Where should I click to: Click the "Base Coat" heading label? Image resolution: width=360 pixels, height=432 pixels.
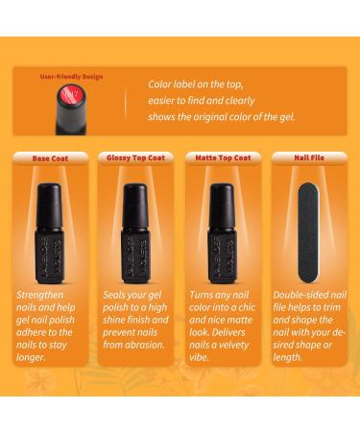50,158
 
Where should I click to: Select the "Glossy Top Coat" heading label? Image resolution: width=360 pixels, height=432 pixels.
135,157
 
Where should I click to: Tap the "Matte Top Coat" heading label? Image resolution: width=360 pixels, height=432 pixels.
223,157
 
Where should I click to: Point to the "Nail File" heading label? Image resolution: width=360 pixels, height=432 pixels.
309,157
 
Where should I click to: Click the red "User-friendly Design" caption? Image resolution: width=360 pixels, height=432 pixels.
71,77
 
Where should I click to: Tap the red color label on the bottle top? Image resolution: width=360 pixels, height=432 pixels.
72,95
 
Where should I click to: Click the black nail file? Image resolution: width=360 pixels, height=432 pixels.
308,232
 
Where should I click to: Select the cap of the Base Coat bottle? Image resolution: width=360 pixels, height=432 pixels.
49,205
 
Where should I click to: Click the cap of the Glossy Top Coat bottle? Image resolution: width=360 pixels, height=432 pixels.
135,205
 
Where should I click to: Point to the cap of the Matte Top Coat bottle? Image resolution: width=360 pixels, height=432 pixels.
222,205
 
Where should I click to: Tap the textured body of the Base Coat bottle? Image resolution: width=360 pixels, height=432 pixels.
49,256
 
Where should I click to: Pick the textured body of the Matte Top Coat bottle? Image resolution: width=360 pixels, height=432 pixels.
222,256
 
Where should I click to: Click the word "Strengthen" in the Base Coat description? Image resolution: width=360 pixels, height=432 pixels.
39,296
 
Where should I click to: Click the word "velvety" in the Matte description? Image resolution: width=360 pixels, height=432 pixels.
231,345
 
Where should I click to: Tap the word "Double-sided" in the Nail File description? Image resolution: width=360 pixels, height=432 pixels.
300,295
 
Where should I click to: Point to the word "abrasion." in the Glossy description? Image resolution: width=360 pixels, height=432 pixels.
147,345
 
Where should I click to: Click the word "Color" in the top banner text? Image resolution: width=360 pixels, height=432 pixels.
159,84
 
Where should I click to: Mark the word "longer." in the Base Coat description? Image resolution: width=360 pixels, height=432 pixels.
31,357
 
